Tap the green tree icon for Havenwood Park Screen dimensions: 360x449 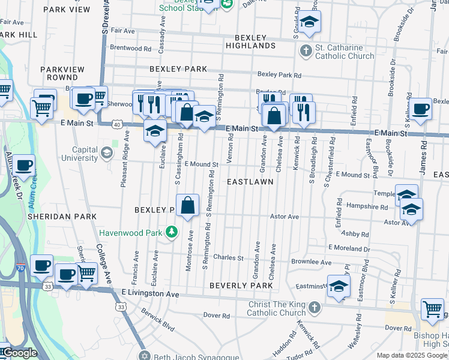tap(172, 231)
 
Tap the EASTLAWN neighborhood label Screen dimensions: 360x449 tap(250, 181)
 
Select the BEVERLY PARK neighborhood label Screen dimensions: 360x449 tap(241, 286)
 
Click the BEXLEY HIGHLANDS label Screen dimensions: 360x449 tap(251, 41)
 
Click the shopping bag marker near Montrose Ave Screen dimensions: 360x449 tap(188, 205)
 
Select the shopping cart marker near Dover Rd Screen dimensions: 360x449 tap(432, 308)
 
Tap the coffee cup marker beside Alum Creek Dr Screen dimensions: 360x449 tap(24, 165)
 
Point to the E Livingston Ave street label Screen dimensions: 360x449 tap(150, 294)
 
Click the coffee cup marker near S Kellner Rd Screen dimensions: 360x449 tap(421, 109)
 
